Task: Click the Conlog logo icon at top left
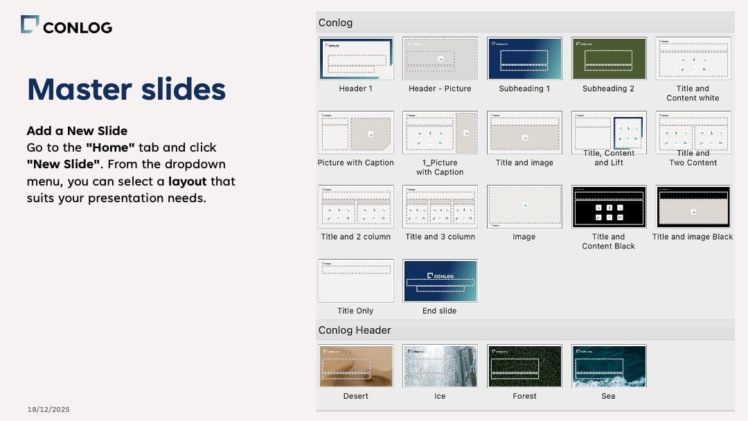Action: coord(30,25)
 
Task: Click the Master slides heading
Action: coord(126,89)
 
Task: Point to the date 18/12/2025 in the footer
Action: coord(48,409)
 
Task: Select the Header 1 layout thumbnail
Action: coord(356,59)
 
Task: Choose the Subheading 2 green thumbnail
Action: coord(608,59)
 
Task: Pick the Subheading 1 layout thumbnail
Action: coord(524,59)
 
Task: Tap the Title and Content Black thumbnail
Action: coord(608,206)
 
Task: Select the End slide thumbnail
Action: coord(440,280)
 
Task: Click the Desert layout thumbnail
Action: coord(356,366)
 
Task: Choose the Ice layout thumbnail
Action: coord(440,366)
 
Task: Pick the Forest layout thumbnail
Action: coord(524,366)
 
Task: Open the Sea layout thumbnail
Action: coord(608,366)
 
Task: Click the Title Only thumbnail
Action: coord(356,280)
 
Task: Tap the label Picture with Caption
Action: coord(355,163)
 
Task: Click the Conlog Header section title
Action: coord(355,330)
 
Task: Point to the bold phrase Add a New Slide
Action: coord(77,131)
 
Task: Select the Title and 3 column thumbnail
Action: coord(440,206)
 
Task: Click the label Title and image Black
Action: coord(693,237)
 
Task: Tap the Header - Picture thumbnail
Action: coord(440,59)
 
